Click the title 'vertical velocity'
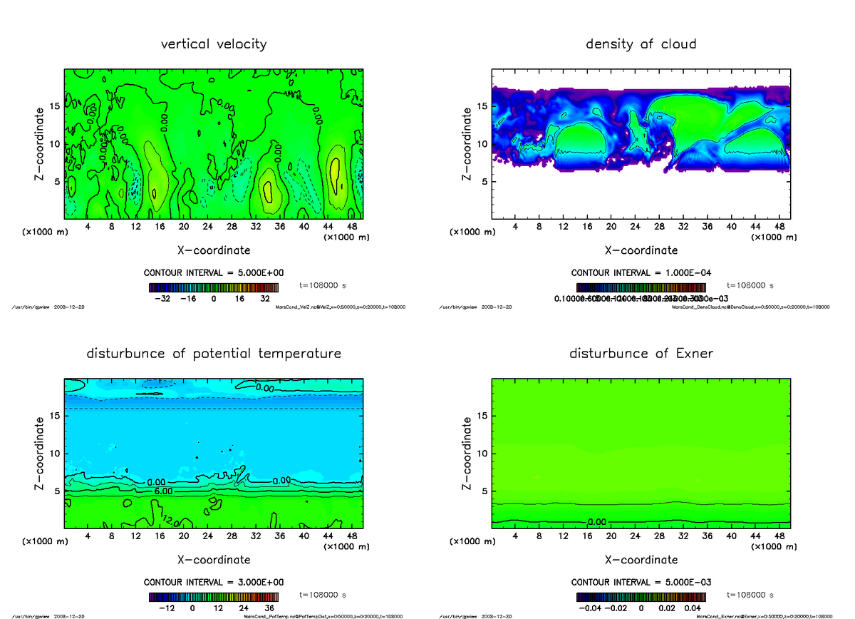213,44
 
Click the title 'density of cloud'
641,44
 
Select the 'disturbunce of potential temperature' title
213,354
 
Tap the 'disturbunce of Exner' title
641,354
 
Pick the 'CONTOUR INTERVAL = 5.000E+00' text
214,273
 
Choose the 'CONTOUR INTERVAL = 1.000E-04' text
641,273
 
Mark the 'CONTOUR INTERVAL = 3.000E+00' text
214,582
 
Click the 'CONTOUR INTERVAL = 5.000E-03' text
641,582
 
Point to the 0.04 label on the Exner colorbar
693,608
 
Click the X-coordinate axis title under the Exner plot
641,560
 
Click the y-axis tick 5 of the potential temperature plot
57,491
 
